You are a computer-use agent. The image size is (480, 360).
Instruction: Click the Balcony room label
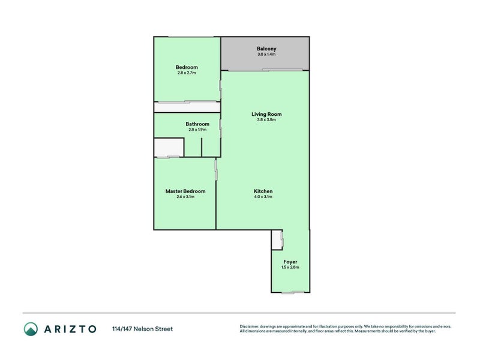coord(266,49)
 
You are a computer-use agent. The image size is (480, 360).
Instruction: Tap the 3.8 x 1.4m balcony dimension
coord(266,55)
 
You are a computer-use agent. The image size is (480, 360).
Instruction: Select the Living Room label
coord(266,114)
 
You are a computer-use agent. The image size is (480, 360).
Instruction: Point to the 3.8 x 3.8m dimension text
coord(266,120)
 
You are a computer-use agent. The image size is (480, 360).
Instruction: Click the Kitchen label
coord(263,191)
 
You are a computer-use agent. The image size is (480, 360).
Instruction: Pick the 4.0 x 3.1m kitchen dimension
coord(263,197)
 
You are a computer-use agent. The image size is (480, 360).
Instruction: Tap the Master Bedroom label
coord(185,191)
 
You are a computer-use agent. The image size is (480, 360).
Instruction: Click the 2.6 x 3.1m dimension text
coord(185,197)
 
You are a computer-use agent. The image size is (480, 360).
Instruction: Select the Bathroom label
coord(197,124)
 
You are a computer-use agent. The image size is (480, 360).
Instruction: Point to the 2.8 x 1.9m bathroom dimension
coord(197,130)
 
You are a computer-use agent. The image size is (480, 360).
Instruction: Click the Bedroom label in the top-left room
coord(187,67)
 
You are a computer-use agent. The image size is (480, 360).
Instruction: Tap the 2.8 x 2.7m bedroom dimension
coord(187,73)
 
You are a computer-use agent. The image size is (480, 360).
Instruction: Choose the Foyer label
coord(290,262)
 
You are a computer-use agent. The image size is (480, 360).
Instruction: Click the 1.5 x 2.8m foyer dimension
coord(290,268)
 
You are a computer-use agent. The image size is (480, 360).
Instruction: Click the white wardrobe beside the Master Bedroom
coord(169,147)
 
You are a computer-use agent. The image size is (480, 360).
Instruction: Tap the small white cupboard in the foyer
coord(276,240)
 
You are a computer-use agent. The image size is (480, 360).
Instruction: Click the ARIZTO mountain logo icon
coord(31,328)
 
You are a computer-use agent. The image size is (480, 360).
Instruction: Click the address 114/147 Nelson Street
coord(142,329)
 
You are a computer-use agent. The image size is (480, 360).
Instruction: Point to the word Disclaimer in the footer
coord(251,326)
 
